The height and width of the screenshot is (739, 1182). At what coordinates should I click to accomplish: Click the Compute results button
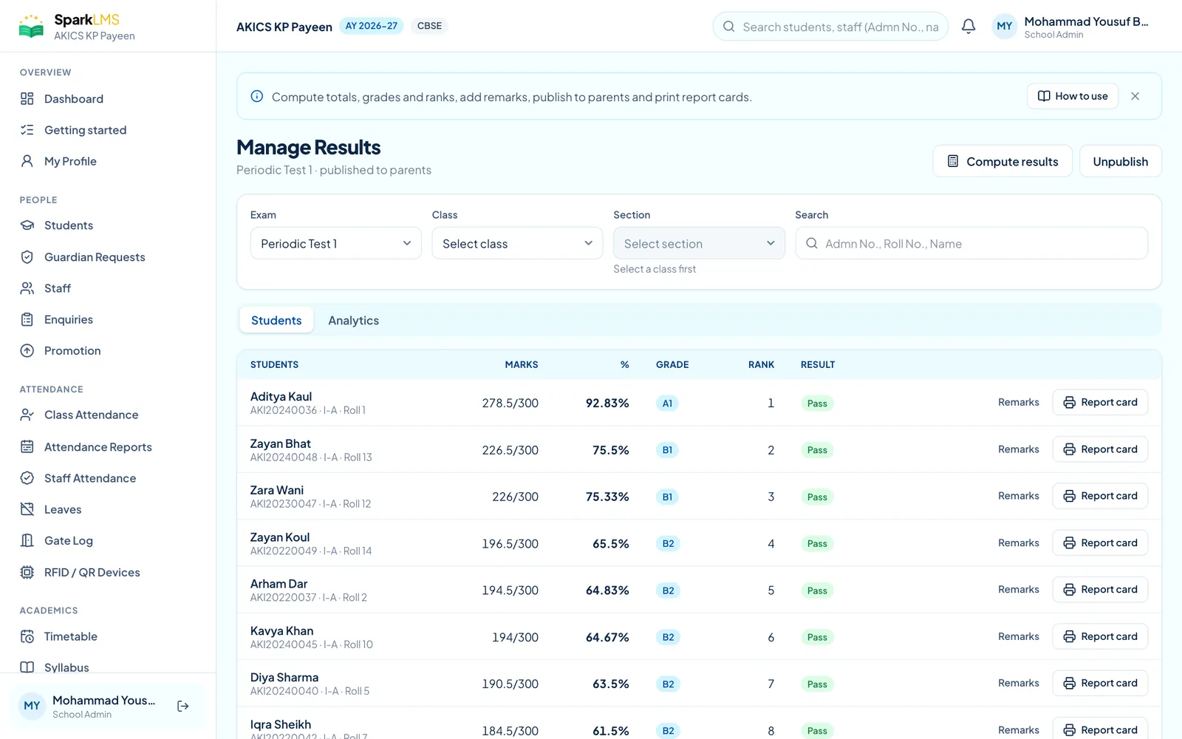coord(1002,161)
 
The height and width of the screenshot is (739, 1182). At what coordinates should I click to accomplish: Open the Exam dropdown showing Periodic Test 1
coord(335,243)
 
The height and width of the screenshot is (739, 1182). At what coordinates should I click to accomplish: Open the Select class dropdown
coord(517,243)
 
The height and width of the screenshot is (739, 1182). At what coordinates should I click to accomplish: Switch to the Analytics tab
coord(354,320)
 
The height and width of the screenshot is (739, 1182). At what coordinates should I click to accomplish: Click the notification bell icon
coord(969,26)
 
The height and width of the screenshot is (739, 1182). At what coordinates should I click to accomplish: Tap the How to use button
coord(1072,96)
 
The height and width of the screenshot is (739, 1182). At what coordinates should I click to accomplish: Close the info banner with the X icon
coord(1135,96)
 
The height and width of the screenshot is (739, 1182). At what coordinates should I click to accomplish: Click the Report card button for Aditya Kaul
coord(1100,402)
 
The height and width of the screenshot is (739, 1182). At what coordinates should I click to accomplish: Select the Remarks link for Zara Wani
coord(1019,496)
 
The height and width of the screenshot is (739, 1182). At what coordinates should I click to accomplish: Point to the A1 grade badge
coord(667,403)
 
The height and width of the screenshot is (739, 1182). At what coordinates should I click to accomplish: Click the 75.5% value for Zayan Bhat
coord(610,450)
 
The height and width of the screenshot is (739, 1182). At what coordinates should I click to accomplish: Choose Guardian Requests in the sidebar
coord(95,256)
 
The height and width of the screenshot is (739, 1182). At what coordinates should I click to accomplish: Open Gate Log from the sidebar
coord(69,540)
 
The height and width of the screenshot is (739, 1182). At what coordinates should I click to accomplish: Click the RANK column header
coord(761,364)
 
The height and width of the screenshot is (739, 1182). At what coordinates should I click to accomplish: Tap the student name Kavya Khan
coord(281,630)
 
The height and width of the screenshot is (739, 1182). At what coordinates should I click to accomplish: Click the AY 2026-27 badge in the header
coord(372,26)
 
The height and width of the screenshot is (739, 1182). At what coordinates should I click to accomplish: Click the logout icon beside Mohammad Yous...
coord(183,706)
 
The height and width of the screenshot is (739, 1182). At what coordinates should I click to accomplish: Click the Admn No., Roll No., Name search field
coord(971,243)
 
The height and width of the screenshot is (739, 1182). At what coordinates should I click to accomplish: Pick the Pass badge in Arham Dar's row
coord(817,590)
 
